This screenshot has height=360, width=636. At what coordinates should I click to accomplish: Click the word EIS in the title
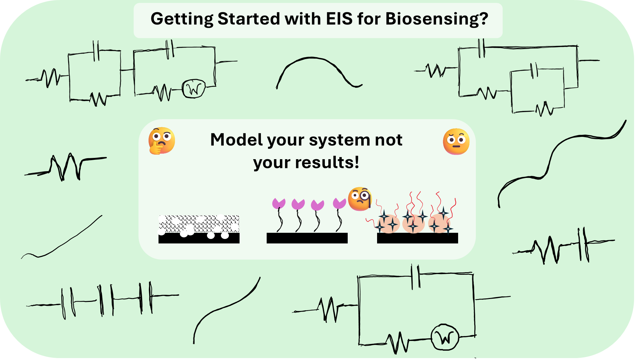339,19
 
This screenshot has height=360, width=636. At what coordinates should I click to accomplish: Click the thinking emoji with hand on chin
161,141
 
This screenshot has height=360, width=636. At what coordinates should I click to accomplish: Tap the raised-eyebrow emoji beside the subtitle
456,141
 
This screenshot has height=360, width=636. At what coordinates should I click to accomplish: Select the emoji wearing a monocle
360,199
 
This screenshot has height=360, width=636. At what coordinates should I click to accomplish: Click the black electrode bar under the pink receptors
307,238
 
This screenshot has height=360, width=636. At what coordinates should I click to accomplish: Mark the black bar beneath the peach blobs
417,238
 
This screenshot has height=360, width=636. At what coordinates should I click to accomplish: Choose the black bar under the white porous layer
199,239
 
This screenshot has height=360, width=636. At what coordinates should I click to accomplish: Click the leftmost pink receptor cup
279,203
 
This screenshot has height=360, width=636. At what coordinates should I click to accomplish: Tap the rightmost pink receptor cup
339,203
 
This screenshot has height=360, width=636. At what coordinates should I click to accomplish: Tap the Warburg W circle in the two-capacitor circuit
194,89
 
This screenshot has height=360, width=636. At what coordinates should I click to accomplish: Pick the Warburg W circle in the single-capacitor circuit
445,337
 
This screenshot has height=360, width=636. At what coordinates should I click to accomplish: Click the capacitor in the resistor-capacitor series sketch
583,244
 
